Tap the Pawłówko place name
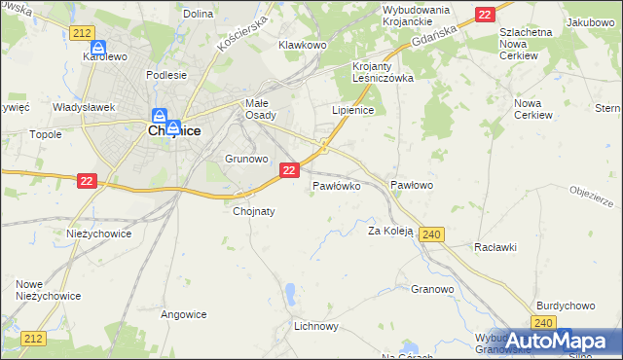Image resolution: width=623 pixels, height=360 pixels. point(337,184)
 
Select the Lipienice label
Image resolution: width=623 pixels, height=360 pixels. point(353,111)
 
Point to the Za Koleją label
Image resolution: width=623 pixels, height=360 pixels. point(390,232)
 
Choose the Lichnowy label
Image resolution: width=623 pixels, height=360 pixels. point(315,327)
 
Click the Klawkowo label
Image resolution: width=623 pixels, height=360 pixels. point(302,45)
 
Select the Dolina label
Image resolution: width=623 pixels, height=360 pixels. point(198,14)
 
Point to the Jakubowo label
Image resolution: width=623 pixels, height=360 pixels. point(592,21)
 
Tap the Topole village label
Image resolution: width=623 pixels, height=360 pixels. point(46,135)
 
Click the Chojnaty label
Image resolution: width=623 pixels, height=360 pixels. point(254,210)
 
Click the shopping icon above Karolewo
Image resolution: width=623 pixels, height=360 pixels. point(97,48)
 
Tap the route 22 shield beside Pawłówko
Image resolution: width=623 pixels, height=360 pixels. point(288,170)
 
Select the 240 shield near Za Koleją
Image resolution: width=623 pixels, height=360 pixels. point(434,234)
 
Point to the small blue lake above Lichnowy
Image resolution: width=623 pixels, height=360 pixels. point(289,292)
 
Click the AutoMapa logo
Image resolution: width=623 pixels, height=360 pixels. point(559,340)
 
